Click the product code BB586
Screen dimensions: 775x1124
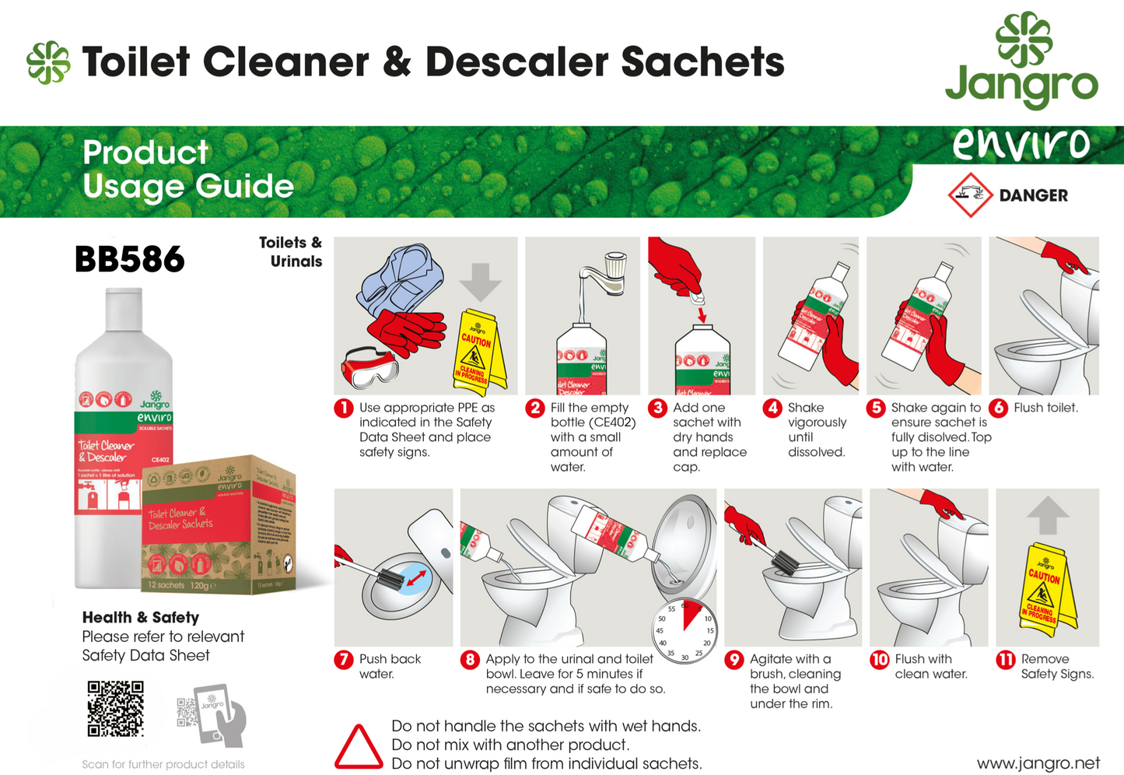130,259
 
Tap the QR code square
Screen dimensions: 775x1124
115,708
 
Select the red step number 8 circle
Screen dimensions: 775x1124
470,660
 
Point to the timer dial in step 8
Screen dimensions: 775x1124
684,632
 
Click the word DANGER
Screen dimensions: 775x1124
1033,195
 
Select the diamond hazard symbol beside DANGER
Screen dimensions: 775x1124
970,195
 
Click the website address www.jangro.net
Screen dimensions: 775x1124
1038,763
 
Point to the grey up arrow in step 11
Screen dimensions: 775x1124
1048,514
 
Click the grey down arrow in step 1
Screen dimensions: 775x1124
481,281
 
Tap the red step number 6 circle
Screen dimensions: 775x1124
999,408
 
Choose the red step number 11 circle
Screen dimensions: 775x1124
1006,660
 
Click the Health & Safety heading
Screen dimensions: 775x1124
141,617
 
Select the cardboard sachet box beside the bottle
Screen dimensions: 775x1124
218,525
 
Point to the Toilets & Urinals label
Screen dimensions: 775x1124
292,252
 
